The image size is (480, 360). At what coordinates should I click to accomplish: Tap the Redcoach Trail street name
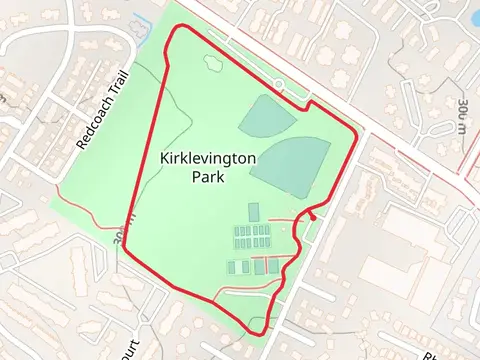pyautogui.click(x=104, y=116)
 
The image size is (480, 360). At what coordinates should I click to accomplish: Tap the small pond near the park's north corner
pyautogui.click(x=214, y=63)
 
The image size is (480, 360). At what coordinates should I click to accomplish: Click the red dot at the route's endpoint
pyautogui.click(x=313, y=213)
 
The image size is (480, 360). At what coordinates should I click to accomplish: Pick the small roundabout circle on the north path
pyautogui.click(x=277, y=84)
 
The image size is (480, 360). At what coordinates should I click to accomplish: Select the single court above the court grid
pyautogui.click(x=253, y=211)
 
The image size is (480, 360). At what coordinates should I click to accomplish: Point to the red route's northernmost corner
pyautogui.click(x=180, y=27)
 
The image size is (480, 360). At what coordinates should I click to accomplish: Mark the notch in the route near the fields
pyautogui.click(x=310, y=104)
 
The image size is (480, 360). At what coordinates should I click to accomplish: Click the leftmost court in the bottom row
pyautogui.click(x=232, y=267)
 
